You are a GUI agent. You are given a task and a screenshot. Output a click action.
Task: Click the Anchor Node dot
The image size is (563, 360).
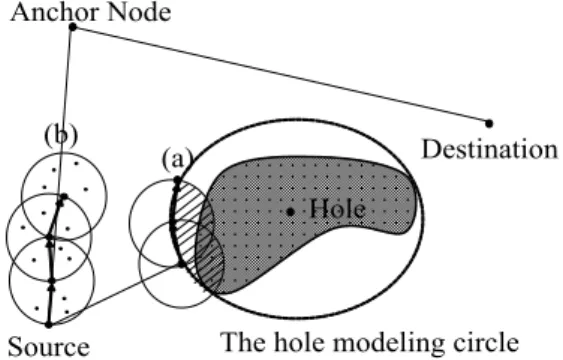(73, 27)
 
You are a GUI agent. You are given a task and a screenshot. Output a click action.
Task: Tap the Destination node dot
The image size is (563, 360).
(489, 123)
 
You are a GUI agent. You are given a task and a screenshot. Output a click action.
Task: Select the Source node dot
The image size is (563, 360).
(48, 325)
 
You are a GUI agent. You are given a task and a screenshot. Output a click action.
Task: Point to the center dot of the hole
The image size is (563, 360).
(290, 212)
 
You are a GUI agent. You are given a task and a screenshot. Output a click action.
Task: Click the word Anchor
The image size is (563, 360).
(55, 12)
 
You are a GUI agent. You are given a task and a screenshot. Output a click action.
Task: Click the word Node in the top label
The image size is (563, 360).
(139, 12)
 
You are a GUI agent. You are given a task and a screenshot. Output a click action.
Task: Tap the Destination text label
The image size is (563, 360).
(490, 149)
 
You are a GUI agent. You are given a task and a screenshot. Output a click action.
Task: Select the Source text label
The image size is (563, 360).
(48, 347)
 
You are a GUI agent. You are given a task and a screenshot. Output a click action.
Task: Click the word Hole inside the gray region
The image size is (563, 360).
(338, 208)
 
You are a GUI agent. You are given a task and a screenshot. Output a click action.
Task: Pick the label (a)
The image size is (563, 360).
(177, 159)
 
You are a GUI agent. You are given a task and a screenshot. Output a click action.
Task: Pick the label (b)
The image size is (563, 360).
(61, 136)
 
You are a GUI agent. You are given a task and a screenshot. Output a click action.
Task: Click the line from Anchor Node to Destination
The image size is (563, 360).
(281, 75)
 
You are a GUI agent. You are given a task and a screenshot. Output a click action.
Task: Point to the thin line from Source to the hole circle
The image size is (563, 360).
(115, 294)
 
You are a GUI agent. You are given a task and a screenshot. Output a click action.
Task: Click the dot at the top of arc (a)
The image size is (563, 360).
(177, 179)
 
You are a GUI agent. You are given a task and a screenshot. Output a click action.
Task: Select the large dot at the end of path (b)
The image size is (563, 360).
(64, 196)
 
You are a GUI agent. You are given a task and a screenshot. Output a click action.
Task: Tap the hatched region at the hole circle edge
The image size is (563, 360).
(197, 233)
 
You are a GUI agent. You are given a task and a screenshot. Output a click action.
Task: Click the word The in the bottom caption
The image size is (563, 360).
(239, 342)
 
